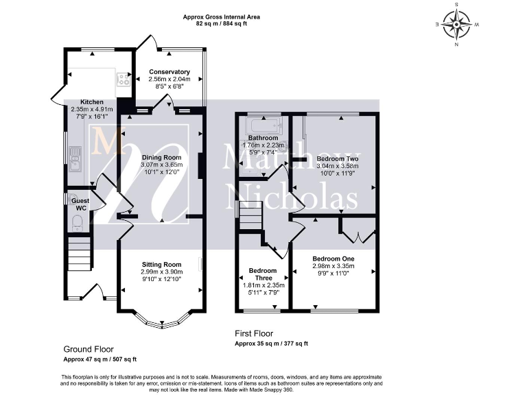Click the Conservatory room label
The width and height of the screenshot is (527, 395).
[169, 72]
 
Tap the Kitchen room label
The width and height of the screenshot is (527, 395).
[92, 102]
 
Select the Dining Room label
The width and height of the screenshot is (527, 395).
[161, 158]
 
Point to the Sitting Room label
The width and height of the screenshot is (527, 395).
[161, 265]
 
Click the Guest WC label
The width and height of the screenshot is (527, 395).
[81, 204]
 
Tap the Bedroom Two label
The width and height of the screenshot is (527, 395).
[338, 158]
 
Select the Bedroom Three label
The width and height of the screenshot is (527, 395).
[263, 274]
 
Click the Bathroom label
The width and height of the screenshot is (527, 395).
[263, 138]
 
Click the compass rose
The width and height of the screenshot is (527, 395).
[456, 25]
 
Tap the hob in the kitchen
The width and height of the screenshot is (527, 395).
[124, 80]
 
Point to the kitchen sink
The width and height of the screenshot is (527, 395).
[75, 159]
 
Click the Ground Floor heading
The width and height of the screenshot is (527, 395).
[89, 349]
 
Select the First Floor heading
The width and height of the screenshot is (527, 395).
[254, 333]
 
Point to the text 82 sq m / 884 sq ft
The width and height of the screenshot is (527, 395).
[221, 24]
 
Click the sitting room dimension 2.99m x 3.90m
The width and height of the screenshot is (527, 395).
[162, 272]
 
